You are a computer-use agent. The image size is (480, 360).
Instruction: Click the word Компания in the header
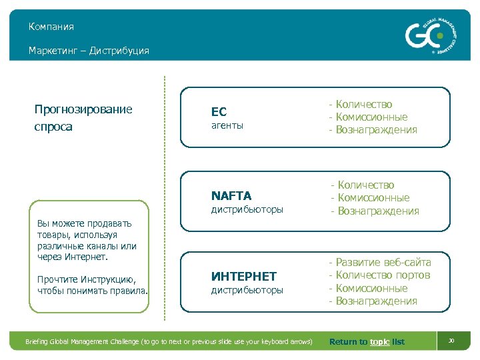tap(51, 27)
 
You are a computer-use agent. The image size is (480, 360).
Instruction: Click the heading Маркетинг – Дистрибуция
tap(89, 51)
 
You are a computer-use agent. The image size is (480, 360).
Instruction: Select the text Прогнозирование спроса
tap(83, 118)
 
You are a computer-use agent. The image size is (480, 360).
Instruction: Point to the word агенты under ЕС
tap(227, 125)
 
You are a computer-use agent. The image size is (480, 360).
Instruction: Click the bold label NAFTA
tap(231, 196)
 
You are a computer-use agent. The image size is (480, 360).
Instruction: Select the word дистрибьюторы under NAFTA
tap(247, 209)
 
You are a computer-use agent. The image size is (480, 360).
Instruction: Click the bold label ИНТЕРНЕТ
tap(243, 276)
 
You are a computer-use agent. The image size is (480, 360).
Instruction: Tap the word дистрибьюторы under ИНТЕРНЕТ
tap(247, 290)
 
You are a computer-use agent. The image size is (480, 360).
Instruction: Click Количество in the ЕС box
tap(364, 104)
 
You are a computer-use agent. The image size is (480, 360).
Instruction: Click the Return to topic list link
tap(367, 342)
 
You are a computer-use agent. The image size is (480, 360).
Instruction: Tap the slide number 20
tap(451, 341)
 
